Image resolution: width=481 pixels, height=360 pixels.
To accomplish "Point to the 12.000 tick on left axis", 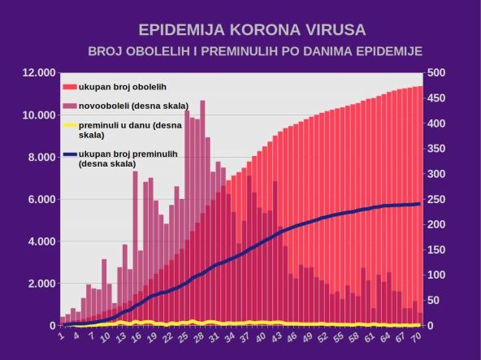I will pos(38,73).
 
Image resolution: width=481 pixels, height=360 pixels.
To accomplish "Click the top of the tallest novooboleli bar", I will pos(202,102).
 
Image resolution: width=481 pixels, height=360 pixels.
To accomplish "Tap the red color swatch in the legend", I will pos(69,86).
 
